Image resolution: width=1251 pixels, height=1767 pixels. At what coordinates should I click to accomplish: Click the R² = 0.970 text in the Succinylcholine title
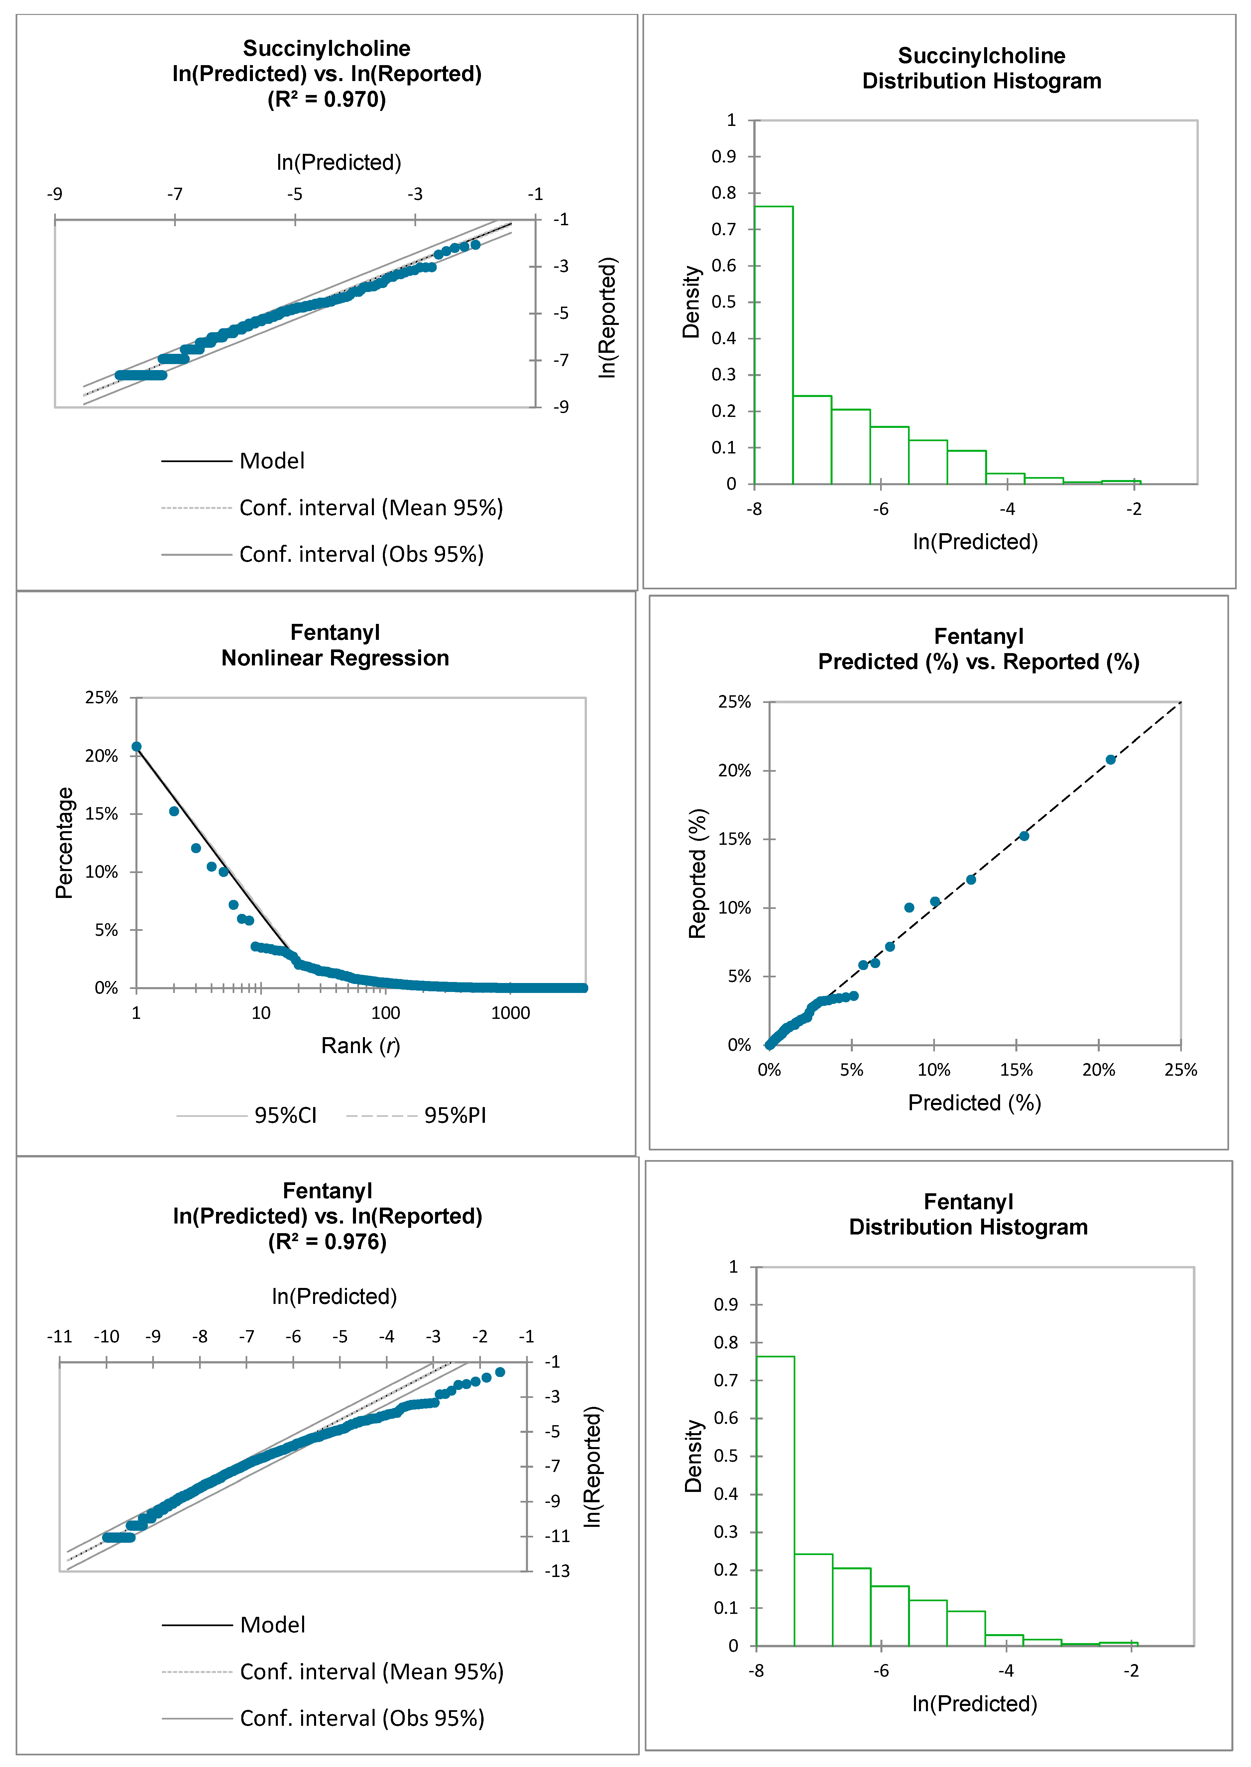pyautogui.click(x=327, y=99)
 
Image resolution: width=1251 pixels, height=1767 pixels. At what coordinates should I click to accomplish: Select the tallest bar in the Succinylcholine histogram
pyautogui.click(x=773, y=345)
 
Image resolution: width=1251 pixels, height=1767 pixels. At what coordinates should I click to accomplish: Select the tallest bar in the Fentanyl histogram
pyautogui.click(x=775, y=1501)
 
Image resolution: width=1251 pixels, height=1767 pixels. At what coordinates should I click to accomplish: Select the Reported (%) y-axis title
pyautogui.click(x=697, y=874)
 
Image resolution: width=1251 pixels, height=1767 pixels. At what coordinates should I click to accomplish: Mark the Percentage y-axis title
pyautogui.click(x=65, y=843)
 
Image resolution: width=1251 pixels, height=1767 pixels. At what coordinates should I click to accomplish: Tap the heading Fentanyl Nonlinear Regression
pyautogui.click(x=335, y=645)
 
